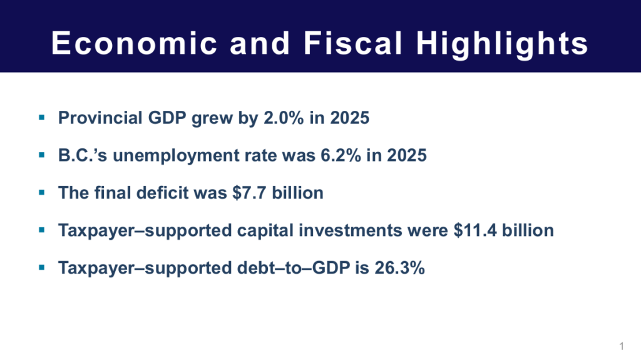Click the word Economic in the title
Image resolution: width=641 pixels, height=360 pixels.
[x=135, y=43]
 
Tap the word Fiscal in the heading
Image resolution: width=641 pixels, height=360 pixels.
[x=353, y=43]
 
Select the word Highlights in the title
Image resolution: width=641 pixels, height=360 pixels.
[x=502, y=44]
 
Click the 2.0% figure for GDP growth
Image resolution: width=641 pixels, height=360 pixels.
[x=284, y=118]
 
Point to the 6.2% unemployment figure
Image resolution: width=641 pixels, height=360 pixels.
[x=341, y=155]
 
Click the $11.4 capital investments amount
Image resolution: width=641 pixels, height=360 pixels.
[x=475, y=230]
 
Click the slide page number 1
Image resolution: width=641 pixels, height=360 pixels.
[x=622, y=346]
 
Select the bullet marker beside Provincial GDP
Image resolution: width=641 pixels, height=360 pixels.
[x=42, y=118]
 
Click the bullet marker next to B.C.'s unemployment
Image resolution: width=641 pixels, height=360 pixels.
[x=42, y=155]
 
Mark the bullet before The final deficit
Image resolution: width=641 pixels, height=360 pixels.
[x=42, y=193]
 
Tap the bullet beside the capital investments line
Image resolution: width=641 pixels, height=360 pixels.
[x=42, y=230]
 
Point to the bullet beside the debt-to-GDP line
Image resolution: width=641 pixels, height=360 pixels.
[x=42, y=268]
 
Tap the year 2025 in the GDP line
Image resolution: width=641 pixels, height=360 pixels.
[x=349, y=118]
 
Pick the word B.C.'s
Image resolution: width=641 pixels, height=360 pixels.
[x=83, y=155]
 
